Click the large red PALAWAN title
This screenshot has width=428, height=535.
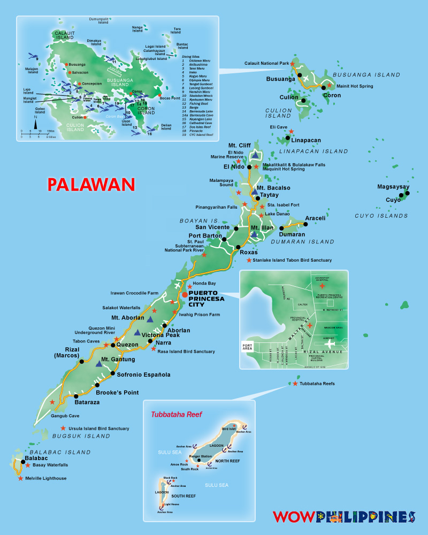[91, 184]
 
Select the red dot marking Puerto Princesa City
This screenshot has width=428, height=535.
[185, 294]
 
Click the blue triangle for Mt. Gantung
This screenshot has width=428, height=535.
[100, 364]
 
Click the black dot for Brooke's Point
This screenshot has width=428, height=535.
[97, 385]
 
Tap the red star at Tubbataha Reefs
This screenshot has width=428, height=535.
[295, 384]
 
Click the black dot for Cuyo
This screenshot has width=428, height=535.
[407, 193]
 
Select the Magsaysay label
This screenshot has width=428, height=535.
[393, 187]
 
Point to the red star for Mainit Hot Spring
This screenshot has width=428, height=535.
[330, 86]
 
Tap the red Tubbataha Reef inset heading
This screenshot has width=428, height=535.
[173, 414]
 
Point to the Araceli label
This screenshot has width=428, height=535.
[315, 218]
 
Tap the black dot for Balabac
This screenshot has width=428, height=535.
[23, 462]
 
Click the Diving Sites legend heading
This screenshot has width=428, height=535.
[192, 56]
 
